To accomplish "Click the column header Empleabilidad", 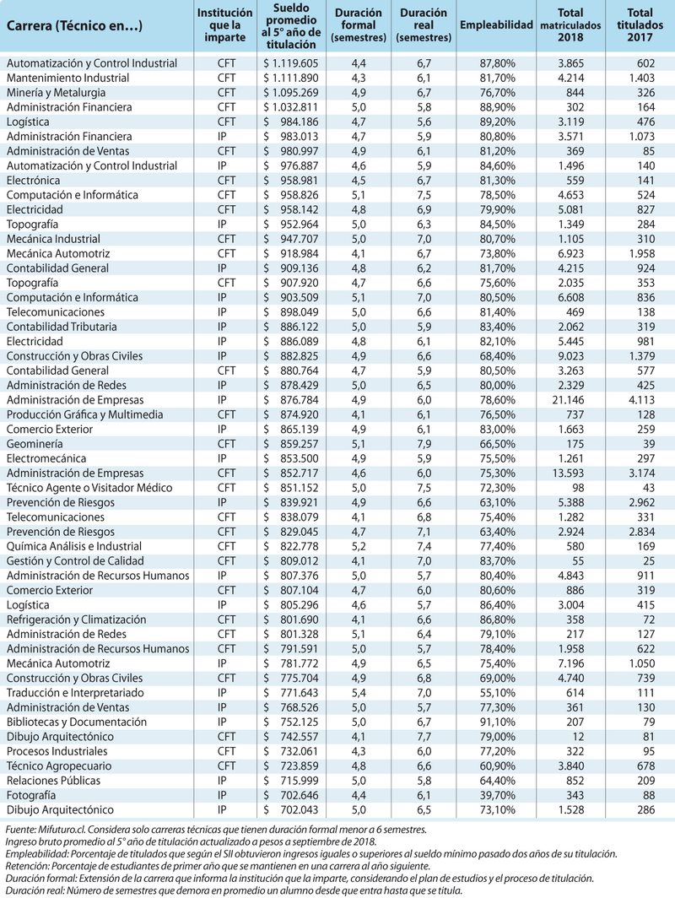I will pyautogui.click(x=496, y=25).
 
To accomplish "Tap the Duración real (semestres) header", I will pyautogui.click(x=424, y=25).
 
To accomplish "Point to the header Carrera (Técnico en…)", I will pyautogui.click(x=75, y=25).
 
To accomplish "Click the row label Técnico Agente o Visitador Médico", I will pyautogui.click(x=89, y=487).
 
